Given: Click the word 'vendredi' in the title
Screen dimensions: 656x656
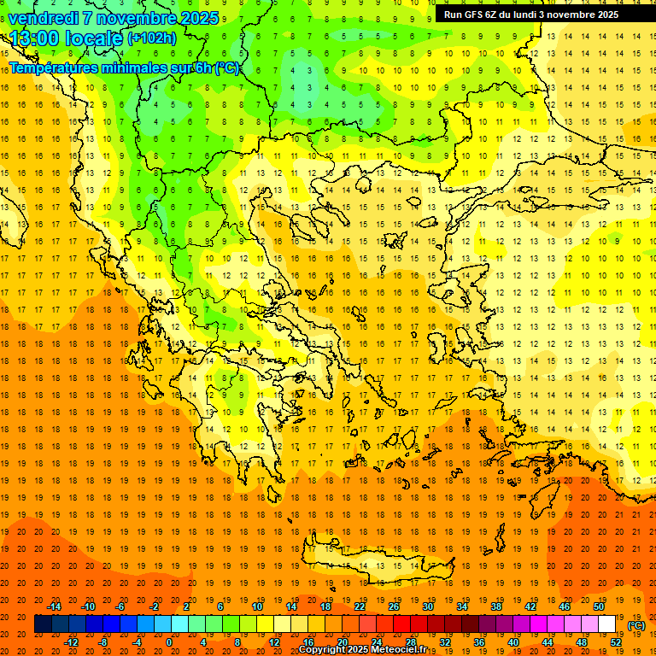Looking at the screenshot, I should pos(43,18).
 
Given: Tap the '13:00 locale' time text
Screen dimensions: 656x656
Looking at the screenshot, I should pos(67,38).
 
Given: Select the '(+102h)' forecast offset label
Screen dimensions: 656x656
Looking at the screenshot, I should pos(152,38).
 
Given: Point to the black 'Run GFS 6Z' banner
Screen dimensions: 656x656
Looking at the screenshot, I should pos(538,15).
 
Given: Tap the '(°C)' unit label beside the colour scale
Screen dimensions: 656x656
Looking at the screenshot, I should pos(635,625).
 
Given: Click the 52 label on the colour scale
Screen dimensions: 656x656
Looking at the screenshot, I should pos(617,642).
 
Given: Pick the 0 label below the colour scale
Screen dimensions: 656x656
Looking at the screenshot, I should pos(168,642).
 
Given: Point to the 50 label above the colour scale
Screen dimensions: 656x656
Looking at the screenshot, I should pos(599,606).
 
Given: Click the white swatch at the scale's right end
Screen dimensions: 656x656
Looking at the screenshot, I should pos(607,624).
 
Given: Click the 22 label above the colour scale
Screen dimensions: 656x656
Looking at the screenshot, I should pos(360,606).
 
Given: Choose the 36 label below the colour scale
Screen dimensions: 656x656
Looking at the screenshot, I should pos(479,642).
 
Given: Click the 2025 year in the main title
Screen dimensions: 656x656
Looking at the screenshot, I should pos(199,18).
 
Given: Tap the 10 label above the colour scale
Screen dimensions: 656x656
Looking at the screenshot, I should pos(257,606).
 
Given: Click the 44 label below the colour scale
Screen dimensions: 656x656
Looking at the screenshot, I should pos(548,642).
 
